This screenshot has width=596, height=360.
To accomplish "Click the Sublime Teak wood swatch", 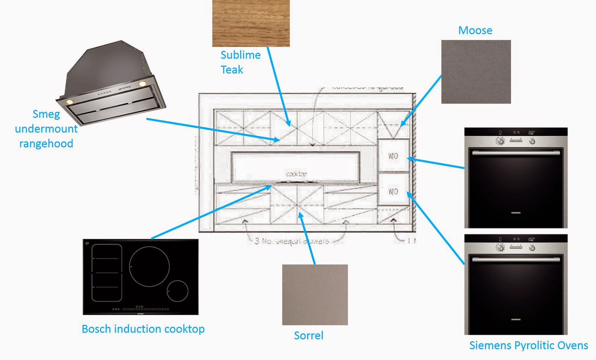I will tap(251, 23).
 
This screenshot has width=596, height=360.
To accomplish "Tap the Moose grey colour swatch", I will tap(476, 72).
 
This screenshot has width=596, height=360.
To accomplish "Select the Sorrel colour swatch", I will tap(315, 294).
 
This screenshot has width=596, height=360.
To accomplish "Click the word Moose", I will tap(475, 31).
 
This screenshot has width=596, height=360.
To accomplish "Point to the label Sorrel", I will tap(308, 335).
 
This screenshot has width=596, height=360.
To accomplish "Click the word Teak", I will tap(232, 70).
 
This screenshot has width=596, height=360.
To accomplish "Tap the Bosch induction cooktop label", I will tap(143, 329).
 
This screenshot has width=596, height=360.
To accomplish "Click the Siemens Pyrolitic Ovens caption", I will tap(528, 345).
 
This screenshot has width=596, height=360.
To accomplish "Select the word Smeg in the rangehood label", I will tap(46, 114).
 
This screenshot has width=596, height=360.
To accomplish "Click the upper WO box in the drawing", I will tap(393, 156).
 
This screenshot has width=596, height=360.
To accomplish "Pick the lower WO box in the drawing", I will tap(393, 191).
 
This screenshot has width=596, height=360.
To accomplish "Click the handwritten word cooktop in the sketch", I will tap(297, 174).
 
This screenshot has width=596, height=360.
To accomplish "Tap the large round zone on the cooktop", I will tap(149, 267).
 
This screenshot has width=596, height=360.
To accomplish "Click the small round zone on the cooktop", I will tap(177, 290).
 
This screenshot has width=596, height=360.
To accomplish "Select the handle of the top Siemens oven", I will tap(516, 153).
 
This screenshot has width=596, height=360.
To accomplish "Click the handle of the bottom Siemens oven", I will tap(516, 259).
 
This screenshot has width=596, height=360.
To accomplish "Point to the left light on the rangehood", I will tap(69, 101).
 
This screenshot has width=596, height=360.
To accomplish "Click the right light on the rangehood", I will tap(142, 84).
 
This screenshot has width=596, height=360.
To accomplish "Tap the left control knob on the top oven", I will tap(500, 141).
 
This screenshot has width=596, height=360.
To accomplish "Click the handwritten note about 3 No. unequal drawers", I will tap(292, 241).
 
